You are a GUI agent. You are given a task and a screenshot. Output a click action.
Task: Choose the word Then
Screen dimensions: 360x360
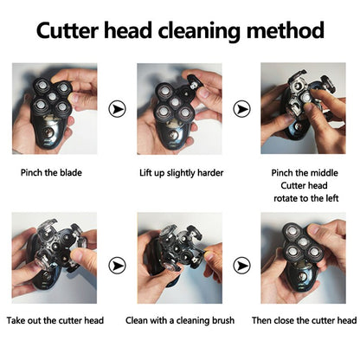pyautogui.click(x=274, y=320)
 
